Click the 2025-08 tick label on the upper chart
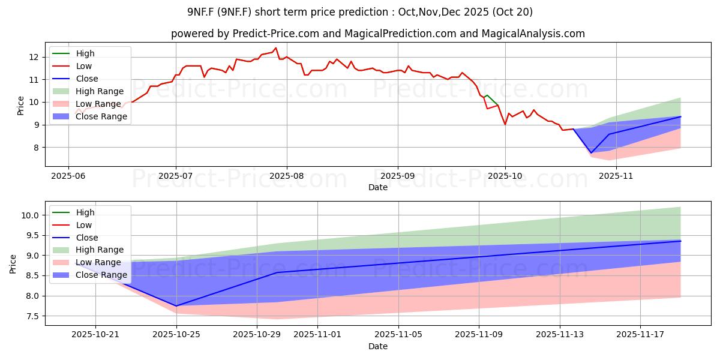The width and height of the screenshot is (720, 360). coord(286,176)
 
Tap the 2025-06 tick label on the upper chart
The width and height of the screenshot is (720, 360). coord(68,176)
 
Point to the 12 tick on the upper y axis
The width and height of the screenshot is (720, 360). coord(34,57)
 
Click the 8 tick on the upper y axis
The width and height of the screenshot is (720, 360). coord(36,148)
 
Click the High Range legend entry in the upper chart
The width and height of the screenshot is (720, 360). coord(100,91)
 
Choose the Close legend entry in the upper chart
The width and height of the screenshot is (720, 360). coord(87,79)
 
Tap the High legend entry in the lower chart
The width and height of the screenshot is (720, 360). coord(85,212)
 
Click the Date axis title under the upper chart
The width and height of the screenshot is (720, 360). coord(378,187)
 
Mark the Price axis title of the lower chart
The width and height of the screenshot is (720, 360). coord(13,263)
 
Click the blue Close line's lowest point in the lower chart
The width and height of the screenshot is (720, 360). coord(176,306)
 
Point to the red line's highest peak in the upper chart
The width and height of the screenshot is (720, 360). coord(276,48)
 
